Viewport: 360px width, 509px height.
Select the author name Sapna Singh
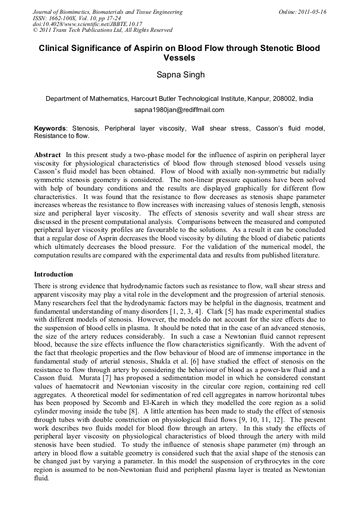pyautogui.click(x=179, y=75)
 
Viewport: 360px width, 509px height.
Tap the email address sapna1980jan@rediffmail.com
pyautogui.click(x=179, y=110)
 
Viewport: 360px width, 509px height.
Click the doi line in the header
pyautogui.click(x=88, y=24)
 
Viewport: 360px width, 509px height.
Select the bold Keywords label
pyautogui.click(x=50, y=128)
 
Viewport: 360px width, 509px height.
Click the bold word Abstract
pyautogui.click(x=47, y=154)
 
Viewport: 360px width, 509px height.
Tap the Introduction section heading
pyautogui.click(x=54, y=274)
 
